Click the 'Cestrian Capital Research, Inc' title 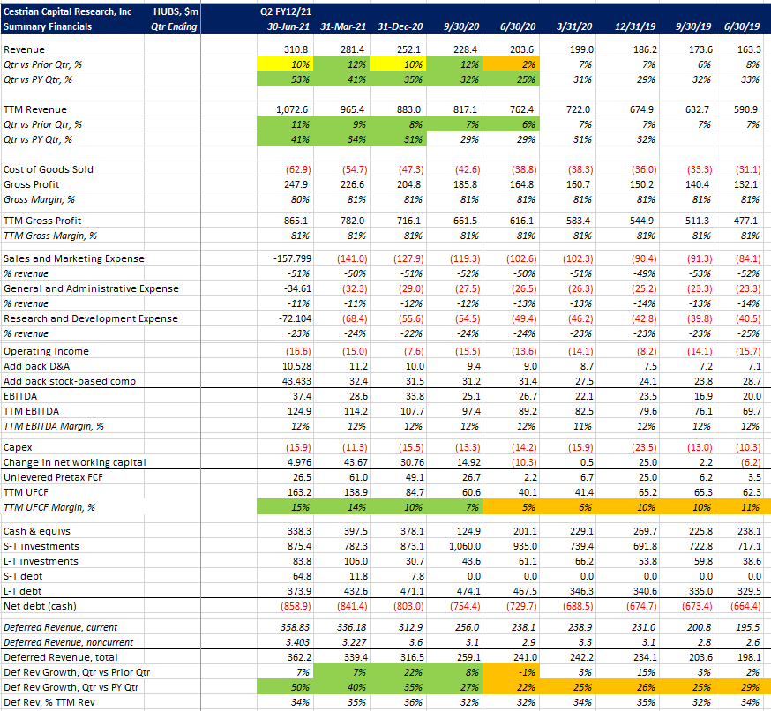point(69,12)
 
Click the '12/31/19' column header point(633,26)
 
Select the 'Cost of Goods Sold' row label point(49,168)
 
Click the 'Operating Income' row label point(46,350)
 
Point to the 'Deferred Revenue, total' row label point(59,657)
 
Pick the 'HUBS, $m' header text point(176,12)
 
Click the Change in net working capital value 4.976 point(291,462)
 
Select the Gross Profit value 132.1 point(746,183)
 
